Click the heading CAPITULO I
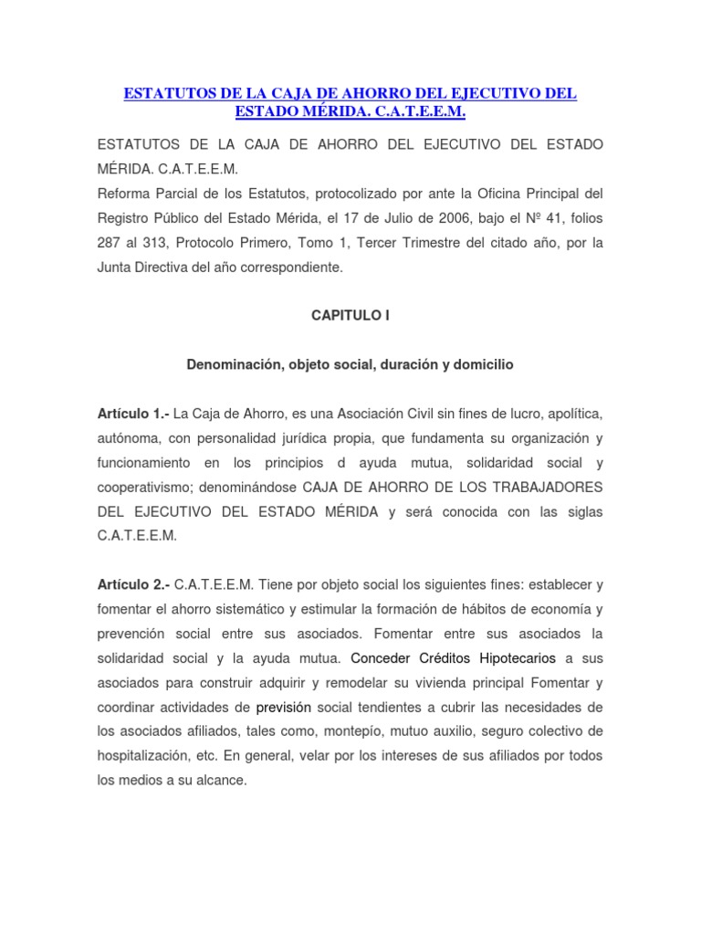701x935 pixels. pyautogui.click(x=350, y=315)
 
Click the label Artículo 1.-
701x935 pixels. pyautogui.click(x=133, y=414)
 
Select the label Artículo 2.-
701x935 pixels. pyautogui.click(x=133, y=584)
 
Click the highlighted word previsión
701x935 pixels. pyautogui.click(x=284, y=708)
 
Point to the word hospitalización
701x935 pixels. pyautogui.click(x=146, y=757)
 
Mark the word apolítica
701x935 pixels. pyautogui.click(x=570, y=414)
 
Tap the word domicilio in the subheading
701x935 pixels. pyautogui.click(x=479, y=364)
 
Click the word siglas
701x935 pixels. pyautogui.click(x=583, y=512)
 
